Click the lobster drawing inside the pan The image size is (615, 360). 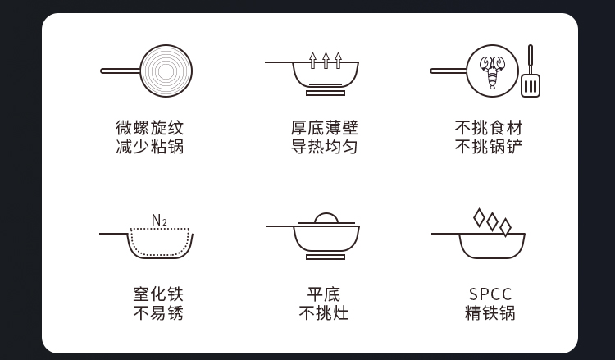(x=492, y=72)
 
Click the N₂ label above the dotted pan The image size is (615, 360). (x=159, y=221)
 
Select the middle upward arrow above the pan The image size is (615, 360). (x=326, y=61)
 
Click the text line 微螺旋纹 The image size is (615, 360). (x=150, y=128)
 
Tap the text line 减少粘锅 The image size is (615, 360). (x=150, y=147)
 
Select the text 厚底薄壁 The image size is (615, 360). (x=325, y=128)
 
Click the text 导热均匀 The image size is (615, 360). (x=325, y=147)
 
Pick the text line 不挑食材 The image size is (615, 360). (x=489, y=128)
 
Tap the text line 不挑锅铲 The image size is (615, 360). (x=489, y=147)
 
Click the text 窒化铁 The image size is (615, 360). (x=158, y=294)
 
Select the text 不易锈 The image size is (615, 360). (x=158, y=313)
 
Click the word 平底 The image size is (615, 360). (x=324, y=294)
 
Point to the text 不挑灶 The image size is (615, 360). (x=324, y=313)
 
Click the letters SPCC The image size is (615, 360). (x=490, y=294)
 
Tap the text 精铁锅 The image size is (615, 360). (x=490, y=313)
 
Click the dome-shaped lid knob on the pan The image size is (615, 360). (x=326, y=218)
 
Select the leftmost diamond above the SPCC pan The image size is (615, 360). (x=479, y=218)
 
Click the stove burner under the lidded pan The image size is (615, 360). (x=326, y=257)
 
